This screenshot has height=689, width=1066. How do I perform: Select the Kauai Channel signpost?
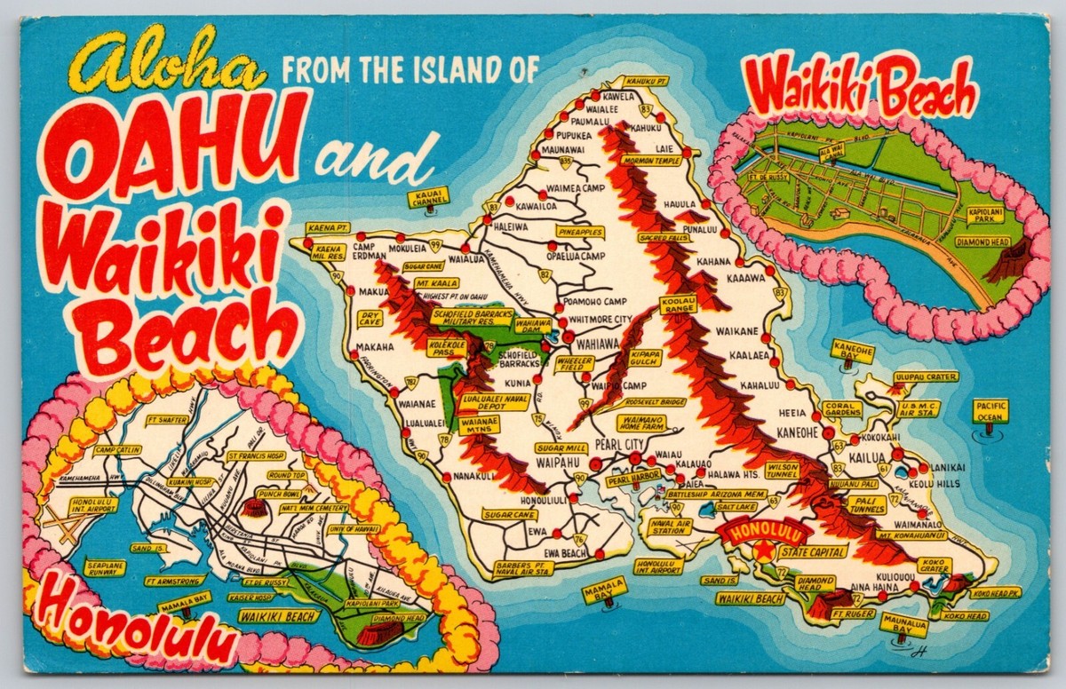point(428,196)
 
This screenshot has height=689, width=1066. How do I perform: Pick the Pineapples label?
point(580,232)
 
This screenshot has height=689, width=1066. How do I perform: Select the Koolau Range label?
point(679,305)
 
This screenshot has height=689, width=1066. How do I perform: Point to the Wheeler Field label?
point(575,364)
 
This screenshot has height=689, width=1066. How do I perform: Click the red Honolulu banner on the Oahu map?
point(765,533)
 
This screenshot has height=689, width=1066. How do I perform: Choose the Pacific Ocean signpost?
point(990,409)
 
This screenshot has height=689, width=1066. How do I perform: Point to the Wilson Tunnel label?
point(783,470)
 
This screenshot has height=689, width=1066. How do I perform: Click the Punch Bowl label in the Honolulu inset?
point(279,493)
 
